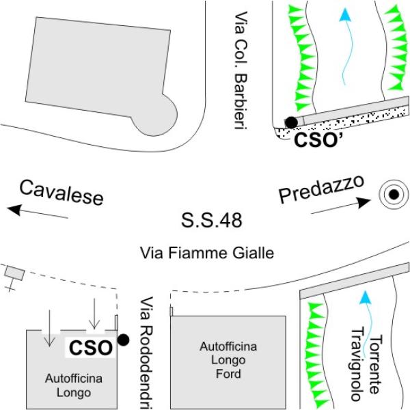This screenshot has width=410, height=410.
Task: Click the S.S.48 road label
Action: [x=212, y=220]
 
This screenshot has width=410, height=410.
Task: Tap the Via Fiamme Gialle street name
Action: [x=207, y=253]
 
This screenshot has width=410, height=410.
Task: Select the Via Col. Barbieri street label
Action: [x=241, y=70]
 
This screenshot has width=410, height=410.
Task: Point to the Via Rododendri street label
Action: [x=146, y=353]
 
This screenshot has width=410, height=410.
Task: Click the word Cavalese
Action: [x=61, y=193]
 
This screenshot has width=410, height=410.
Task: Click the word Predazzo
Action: [x=322, y=189]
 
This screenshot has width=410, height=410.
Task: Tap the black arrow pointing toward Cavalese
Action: [x=38, y=211]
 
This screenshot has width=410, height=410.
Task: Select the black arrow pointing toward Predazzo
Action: [x=341, y=206]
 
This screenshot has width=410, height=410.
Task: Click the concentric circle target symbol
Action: [x=394, y=194]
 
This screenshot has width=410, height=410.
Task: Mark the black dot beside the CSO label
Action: [x=124, y=340]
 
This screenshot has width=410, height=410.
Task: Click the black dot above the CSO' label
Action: [x=291, y=122]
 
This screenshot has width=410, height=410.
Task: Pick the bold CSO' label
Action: [x=318, y=139]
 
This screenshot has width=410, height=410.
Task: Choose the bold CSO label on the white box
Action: [x=91, y=348]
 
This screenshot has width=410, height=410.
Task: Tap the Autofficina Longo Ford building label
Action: [x=228, y=360]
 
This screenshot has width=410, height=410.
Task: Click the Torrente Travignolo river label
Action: [x=367, y=364]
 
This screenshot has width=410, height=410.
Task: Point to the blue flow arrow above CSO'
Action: [x=347, y=46]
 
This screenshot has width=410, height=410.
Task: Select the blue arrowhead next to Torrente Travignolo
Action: [x=366, y=298]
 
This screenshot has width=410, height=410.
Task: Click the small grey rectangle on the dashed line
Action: [x=14, y=273]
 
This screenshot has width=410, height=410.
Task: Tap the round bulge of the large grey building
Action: [x=158, y=115]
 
